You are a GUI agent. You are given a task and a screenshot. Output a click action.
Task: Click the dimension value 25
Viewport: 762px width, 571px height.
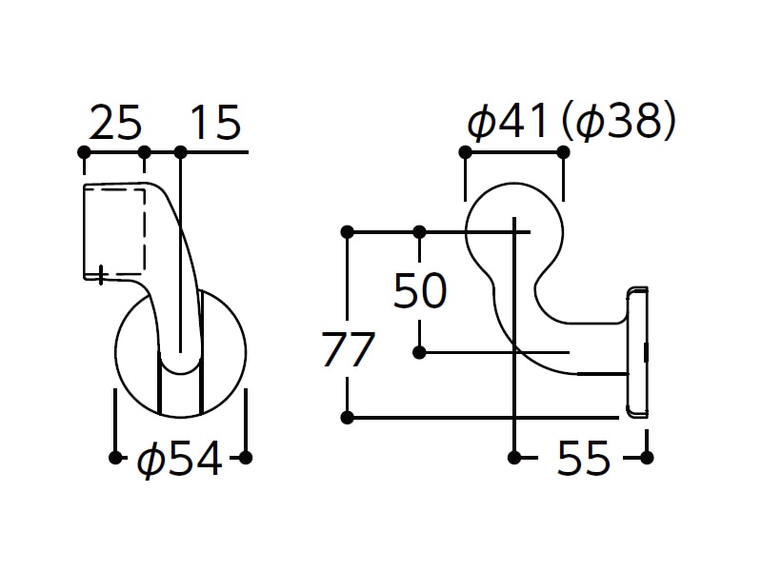click(115, 123)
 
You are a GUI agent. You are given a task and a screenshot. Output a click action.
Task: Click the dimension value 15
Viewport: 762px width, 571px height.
click(216, 123)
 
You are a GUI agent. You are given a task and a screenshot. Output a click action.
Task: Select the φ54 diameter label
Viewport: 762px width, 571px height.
click(180, 459)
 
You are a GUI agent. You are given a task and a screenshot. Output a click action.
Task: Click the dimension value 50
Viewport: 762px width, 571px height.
click(420, 291)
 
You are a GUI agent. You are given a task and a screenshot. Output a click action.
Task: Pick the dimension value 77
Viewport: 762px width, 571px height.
click(348, 349)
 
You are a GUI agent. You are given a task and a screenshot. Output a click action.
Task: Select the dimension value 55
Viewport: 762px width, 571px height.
click(583, 458)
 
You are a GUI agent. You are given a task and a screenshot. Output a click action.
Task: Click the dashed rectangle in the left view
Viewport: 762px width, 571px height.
click(114, 230)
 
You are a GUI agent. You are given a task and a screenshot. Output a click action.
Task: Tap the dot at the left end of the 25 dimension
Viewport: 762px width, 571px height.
click(84, 152)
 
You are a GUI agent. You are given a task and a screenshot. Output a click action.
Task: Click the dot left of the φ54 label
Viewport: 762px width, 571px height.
click(115, 458)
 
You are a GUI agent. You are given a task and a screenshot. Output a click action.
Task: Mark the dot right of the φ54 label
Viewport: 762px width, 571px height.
click(246, 458)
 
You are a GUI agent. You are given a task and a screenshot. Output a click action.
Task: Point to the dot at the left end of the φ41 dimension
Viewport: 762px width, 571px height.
click(465, 152)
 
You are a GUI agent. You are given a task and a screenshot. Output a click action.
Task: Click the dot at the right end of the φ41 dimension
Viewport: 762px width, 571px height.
click(563, 152)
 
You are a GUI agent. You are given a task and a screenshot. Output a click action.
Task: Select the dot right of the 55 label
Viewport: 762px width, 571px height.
click(647, 458)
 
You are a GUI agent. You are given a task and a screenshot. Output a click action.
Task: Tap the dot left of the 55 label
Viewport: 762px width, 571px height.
click(513, 458)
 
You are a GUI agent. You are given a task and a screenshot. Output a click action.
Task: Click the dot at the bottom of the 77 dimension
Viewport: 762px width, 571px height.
click(347, 417)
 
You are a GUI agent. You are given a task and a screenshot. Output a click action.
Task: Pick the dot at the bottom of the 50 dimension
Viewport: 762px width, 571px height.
click(419, 352)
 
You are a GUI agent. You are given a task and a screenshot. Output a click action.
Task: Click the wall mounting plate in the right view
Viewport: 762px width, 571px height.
click(637, 352)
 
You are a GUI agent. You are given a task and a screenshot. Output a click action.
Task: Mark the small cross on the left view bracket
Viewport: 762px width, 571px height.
click(101, 275)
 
